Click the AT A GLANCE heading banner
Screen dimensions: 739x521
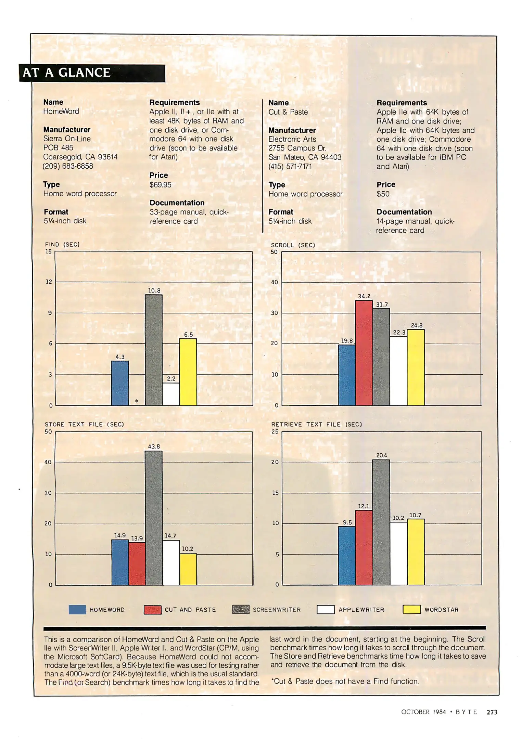point(92,73)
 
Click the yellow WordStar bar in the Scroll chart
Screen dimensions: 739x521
point(416,367)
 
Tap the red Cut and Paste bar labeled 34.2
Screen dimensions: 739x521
point(364,353)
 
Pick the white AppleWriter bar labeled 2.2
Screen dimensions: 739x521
point(171,394)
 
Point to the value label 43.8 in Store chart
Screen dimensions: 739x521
point(154,446)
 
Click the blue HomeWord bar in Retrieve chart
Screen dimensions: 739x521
point(347,556)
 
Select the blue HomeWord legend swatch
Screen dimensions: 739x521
point(77,610)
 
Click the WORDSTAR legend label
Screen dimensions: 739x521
point(441,610)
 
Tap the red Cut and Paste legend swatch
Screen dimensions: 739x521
point(153,610)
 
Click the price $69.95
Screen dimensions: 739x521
point(160,185)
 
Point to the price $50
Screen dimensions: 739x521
point(383,194)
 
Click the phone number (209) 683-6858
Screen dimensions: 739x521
point(68,166)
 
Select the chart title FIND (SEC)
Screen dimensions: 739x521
point(62,245)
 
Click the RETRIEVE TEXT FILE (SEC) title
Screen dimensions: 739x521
point(317,425)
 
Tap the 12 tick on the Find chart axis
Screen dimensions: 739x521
point(49,282)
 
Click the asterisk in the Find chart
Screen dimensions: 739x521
point(137,401)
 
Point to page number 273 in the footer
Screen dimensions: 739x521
point(492,712)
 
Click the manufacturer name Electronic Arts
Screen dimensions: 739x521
point(292,139)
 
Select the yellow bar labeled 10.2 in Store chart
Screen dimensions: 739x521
point(188,569)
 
